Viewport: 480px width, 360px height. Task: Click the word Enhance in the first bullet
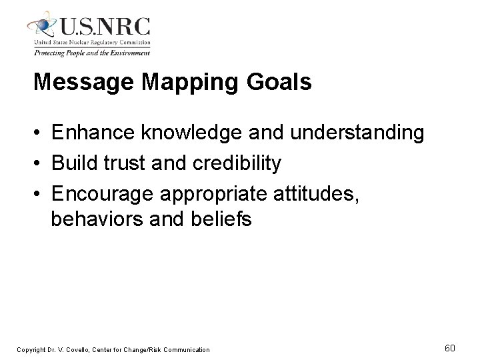[94, 133]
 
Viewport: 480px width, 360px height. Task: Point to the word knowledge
[191, 133]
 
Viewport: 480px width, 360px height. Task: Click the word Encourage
[103, 193]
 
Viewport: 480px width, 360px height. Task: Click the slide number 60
[450, 348]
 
